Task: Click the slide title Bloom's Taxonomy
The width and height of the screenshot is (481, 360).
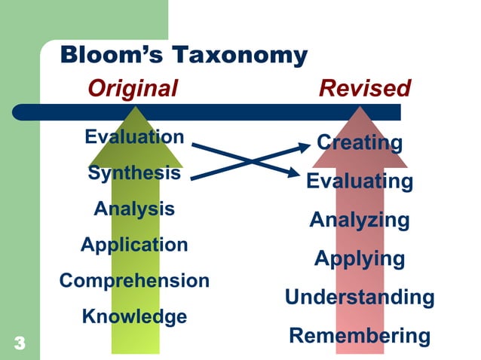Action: (x=183, y=56)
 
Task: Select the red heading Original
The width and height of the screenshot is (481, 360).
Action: (x=133, y=89)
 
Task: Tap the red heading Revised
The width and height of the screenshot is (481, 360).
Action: (x=365, y=89)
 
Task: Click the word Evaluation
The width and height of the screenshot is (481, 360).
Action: (x=134, y=137)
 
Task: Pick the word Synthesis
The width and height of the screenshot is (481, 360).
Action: (x=134, y=172)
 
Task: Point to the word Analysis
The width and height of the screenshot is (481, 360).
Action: (x=134, y=209)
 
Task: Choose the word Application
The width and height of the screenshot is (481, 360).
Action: (x=134, y=245)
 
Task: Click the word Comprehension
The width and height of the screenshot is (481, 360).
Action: (x=134, y=281)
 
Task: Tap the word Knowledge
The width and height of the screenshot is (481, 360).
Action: (x=134, y=317)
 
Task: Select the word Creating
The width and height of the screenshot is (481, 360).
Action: (x=360, y=142)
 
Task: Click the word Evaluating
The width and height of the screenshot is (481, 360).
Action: (x=360, y=182)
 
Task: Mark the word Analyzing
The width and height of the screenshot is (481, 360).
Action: (x=360, y=221)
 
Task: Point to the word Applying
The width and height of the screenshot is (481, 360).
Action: (x=360, y=259)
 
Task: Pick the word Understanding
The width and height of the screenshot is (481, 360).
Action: (x=360, y=297)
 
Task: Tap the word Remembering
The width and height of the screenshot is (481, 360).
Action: (x=360, y=336)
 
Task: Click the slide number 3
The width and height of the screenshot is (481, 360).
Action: (x=20, y=344)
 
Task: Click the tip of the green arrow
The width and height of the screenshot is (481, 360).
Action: (x=136, y=107)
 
